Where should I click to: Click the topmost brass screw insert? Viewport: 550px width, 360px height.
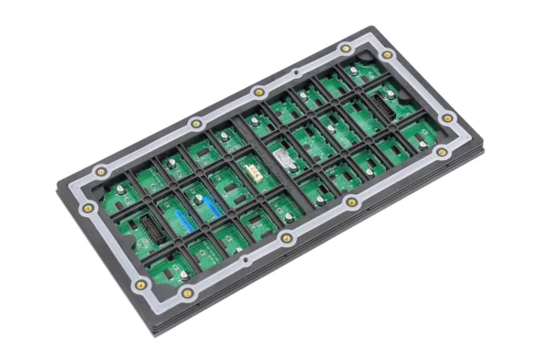(x=346, y=49)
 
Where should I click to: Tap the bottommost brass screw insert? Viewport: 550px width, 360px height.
(x=187, y=293)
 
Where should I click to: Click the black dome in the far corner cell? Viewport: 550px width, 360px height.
(x=352, y=71)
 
